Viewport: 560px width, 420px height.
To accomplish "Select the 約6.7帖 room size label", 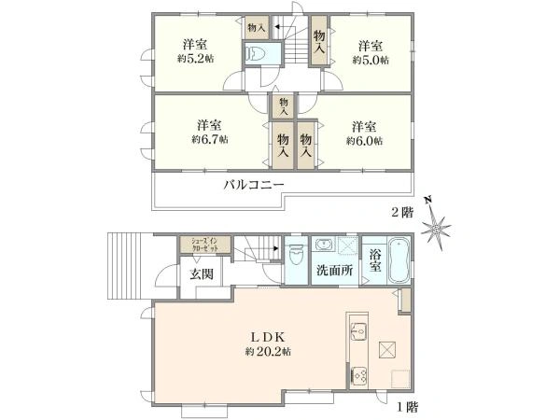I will [209, 139].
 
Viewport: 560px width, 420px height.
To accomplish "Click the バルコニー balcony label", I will [253, 185].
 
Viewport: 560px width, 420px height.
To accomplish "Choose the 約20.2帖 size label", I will [268, 352].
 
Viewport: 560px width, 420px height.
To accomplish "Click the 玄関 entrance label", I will [201, 273].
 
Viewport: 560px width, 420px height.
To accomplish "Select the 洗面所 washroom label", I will [333, 272].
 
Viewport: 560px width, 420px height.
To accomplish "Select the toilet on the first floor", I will [297, 254].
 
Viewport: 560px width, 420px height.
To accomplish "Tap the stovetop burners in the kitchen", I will [358, 376].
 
